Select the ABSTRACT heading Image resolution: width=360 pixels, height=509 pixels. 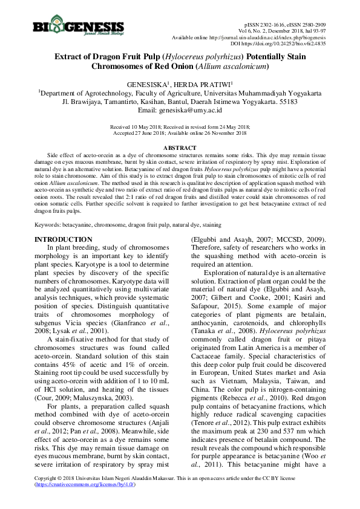(180, 148)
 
